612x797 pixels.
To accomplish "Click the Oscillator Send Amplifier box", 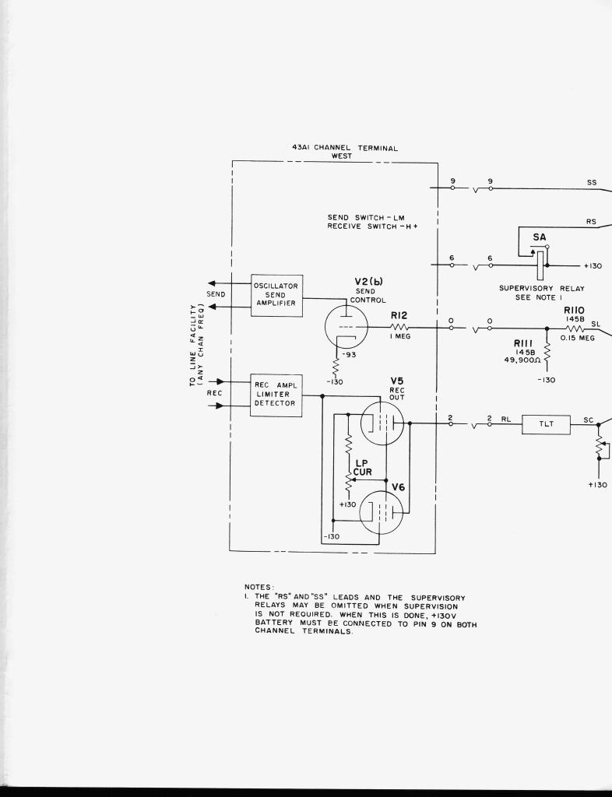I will click(276, 295).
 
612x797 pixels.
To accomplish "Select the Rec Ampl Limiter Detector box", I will click(276, 395).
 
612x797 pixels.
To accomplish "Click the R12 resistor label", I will click(399, 316).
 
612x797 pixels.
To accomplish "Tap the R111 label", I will click(522, 343).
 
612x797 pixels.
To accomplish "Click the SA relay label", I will click(540, 237).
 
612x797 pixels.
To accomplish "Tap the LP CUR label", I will click(362, 466).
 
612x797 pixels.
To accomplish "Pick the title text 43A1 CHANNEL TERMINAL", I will click(341, 147).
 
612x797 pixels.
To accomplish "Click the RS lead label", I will click(591, 221).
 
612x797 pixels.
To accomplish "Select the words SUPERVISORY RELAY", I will click(541, 288).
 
